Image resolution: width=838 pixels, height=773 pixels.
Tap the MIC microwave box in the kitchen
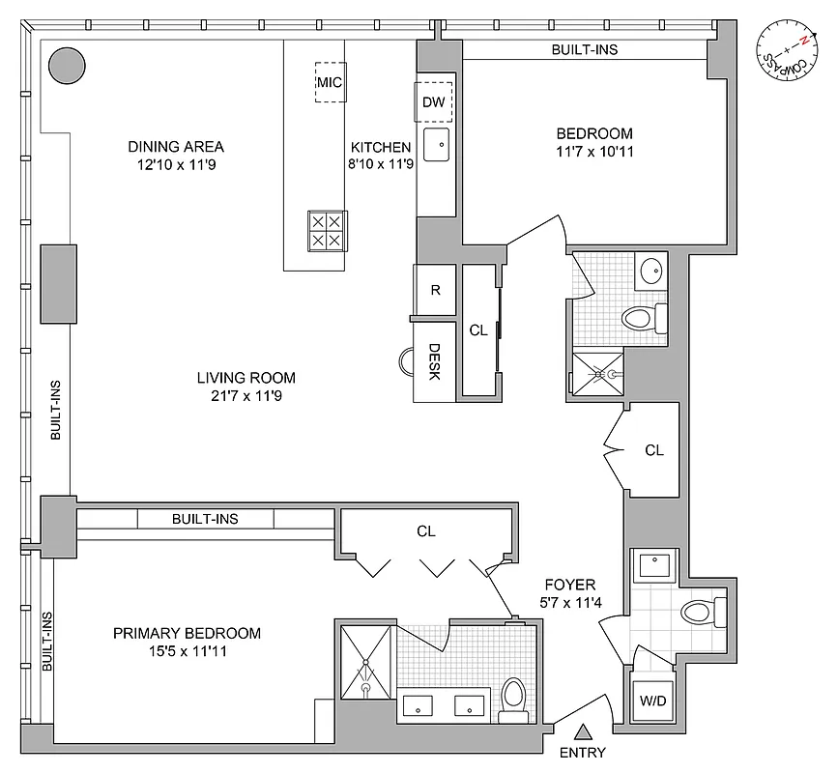point(331,82)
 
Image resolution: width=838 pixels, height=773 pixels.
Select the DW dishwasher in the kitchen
point(431,101)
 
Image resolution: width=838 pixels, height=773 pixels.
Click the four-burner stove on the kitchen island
point(325,229)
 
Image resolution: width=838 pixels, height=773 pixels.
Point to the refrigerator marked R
point(435,290)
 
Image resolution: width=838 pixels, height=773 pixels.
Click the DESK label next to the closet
point(435,361)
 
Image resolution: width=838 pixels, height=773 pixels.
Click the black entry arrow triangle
point(583,732)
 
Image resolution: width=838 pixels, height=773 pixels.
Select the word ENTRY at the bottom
point(583,754)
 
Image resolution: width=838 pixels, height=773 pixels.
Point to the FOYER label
point(569,585)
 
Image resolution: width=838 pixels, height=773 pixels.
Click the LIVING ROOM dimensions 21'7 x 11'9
point(246,396)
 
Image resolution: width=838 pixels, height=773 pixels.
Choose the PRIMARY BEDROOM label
point(187,634)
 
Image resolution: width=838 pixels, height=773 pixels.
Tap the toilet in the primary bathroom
point(513,694)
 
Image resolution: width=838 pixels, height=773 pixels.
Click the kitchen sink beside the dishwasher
point(438,145)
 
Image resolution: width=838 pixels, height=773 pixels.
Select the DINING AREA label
point(176,147)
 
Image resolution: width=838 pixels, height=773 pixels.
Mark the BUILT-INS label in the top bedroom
point(585,49)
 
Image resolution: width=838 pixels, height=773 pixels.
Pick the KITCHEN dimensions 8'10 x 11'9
point(381,165)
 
